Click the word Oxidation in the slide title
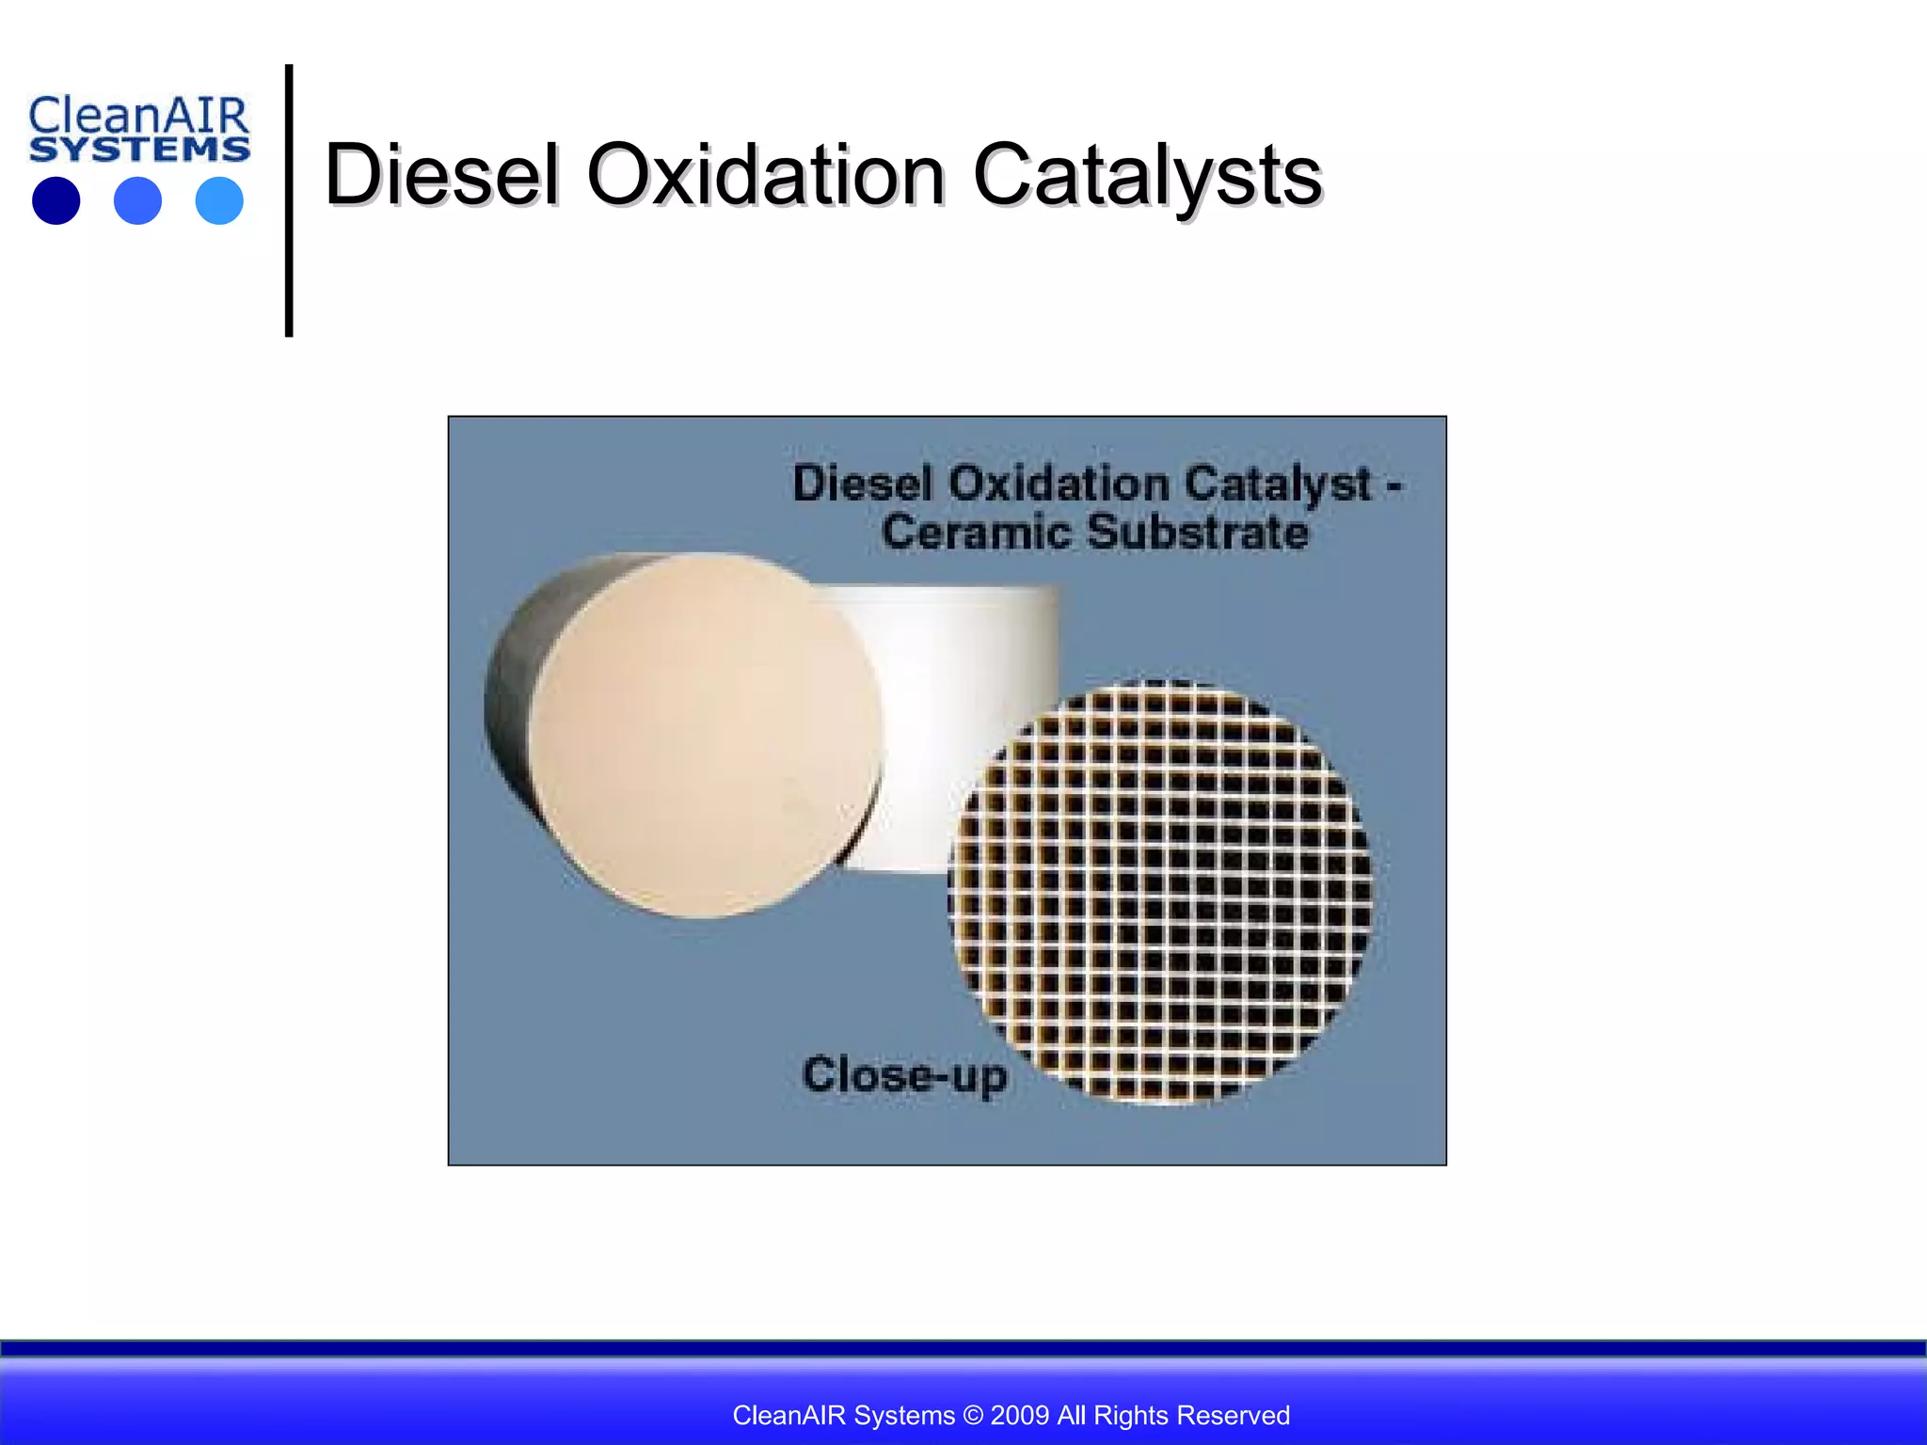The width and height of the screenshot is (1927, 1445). pyautogui.click(x=765, y=175)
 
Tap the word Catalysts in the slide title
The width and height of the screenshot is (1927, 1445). pyautogui.click(x=1146, y=175)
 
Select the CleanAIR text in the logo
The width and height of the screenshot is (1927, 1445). pyautogui.click(x=138, y=117)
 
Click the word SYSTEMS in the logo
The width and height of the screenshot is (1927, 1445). pyautogui.click(x=139, y=150)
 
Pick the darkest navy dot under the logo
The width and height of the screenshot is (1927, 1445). pyautogui.click(x=56, y=200)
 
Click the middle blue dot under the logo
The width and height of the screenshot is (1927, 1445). pyautogui.click(x=137, y=200)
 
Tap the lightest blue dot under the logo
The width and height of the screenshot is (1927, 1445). pyautogui.click(x=219, y=200)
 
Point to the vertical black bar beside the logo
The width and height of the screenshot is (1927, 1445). pyautogui.click(x=289, y=200)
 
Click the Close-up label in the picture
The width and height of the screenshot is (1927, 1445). pyautogui.click(x=903, y=1074)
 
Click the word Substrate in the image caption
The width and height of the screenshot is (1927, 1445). pyautogui.click(x=1197, y=532)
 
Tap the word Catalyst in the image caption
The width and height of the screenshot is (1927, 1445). pyautogui.click(x=1278, y=484)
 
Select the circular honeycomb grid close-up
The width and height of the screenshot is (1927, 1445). pyautogui.click(x=1159, y=891)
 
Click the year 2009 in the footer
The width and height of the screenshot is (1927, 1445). pyautogui.click(x=1020, y=1415)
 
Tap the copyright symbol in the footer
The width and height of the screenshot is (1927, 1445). pyautogui.click(x=973, y=1415)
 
